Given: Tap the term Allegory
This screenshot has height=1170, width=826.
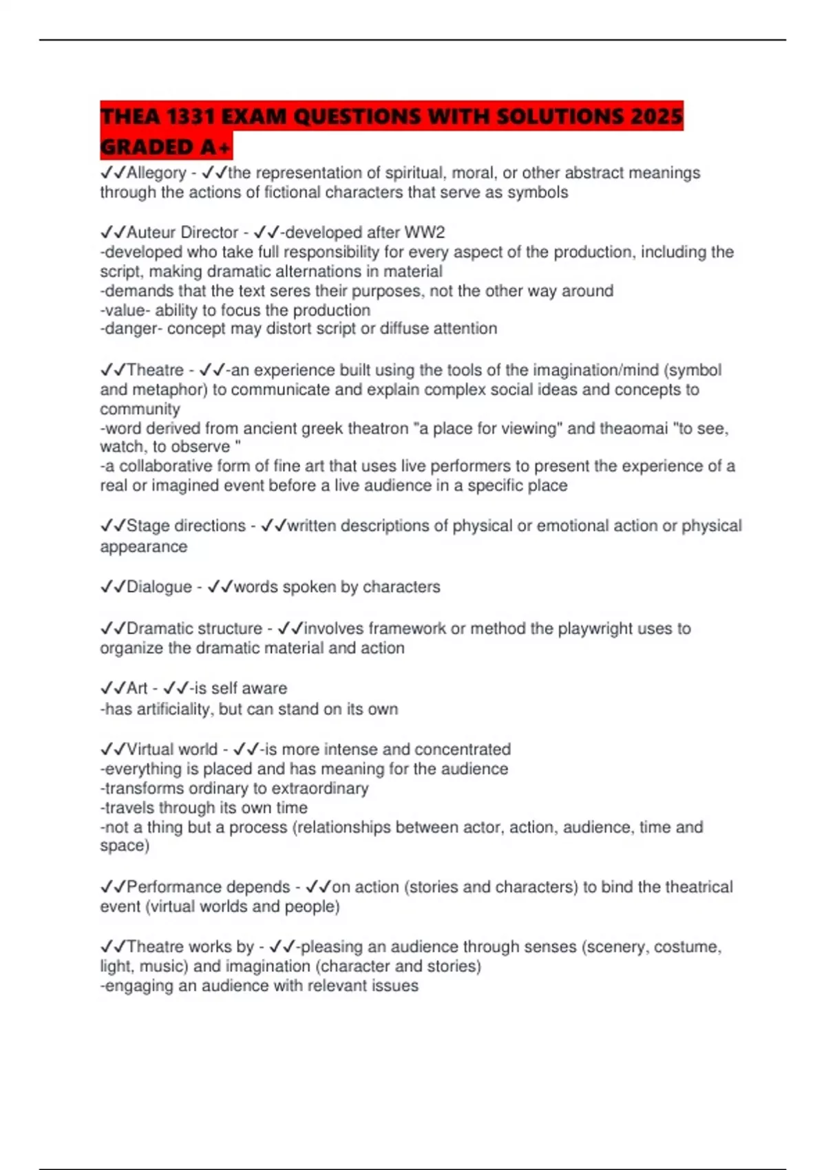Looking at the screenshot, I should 156,173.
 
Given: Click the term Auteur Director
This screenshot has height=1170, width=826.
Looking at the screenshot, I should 182,233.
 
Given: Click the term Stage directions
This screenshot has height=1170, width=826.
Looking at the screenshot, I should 186,526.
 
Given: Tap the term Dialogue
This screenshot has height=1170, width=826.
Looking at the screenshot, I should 159,587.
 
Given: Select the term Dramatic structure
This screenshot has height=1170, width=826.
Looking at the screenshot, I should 194,628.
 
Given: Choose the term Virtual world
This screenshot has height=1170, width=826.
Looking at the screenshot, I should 172,749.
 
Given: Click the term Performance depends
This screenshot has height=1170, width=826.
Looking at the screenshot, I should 208,886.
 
